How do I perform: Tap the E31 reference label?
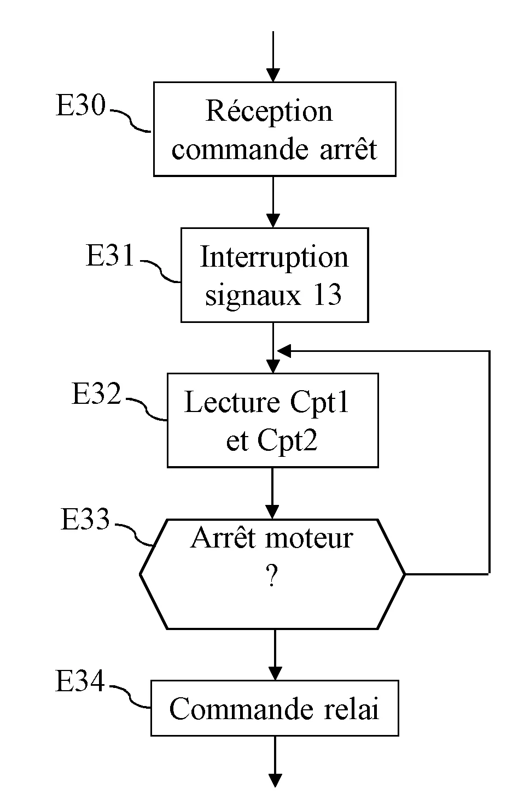pyautogui.click(x=110, y=255)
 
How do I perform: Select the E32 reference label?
pyautogui.click(x=96, y=393)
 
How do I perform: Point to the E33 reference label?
pyautogui.click(x=85, y=519)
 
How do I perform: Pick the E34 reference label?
pyautogui.click(x=80, y=681)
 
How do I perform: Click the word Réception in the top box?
pyautogui.click(x=269, y=111)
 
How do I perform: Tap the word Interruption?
pyautogui.click(x=274, y=257)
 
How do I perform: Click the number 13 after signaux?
pyautogui.click(x=327, y=295)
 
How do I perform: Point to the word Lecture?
pyautogui.click(x=232, y=402)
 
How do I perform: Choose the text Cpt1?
pyautogui.click(x=319, y=403)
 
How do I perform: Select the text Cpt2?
pyautogui.click(x=287, y=440)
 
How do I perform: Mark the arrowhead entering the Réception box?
pyautogui.click(x=272, y=75)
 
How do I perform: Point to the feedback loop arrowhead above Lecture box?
pyautogui.click(x=283, y=351)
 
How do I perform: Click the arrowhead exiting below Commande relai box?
pyautogui.click(x=275, y=780)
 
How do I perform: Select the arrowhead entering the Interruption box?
pyautogui.click(x=272, y=221)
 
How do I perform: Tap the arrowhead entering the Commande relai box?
pyautogui.click(x=275, y=673)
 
